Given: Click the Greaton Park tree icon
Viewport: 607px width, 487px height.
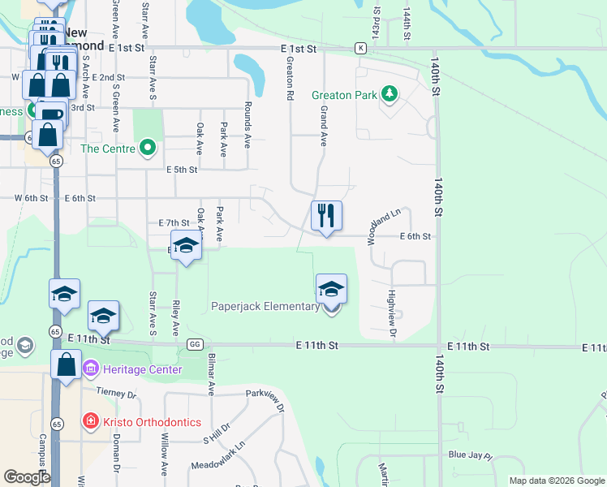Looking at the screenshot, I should (390, 95).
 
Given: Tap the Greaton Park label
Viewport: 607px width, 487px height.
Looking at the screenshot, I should (345, 95).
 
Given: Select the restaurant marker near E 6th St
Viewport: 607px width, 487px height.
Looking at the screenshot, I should (326, 217).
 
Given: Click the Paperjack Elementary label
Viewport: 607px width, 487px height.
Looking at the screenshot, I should (265, 306).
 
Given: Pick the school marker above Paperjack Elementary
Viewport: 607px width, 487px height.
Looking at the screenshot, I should (331, 288).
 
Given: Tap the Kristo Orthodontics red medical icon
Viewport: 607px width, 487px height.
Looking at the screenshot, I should (90, 421).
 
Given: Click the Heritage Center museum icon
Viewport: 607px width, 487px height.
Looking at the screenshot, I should (90, 369).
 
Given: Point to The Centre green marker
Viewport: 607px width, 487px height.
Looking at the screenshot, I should (147, 148).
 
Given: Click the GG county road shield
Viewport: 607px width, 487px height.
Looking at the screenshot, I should (195, 344).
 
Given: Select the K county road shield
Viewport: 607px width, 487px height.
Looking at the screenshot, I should (359, 49).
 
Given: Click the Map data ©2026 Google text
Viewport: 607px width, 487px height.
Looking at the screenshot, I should (556, 481).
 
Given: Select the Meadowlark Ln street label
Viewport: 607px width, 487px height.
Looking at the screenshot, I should (217, 457).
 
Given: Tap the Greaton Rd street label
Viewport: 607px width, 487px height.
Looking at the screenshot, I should (289, 79).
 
